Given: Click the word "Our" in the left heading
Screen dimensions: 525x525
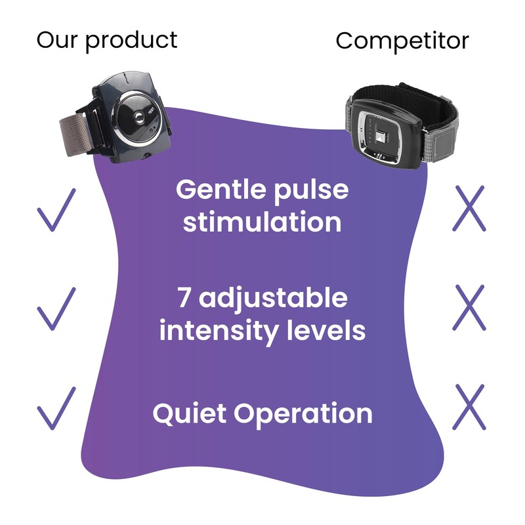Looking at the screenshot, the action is tap(57, 40).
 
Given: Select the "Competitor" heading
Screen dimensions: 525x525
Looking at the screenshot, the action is tap(402, 41).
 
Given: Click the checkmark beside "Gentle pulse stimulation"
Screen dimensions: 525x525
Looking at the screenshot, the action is tap(56, 210).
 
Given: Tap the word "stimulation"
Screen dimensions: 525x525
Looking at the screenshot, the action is tap(262, 222).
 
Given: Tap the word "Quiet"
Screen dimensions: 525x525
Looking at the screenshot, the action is tap(189, 414).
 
